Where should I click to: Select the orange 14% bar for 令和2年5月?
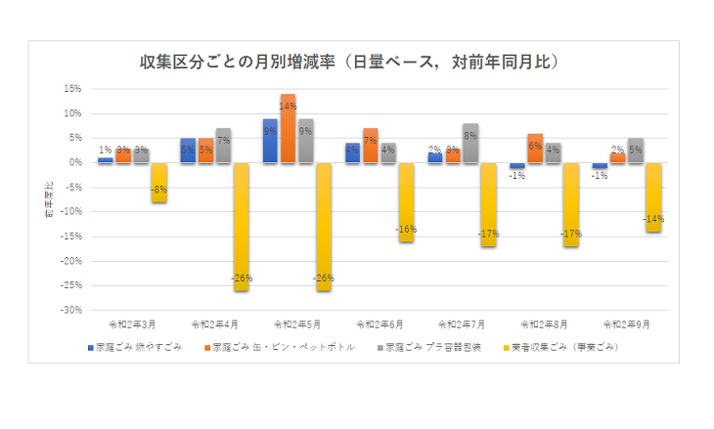pyautogui.click(x=288, y=128)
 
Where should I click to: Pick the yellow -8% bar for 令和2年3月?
pyautogui.click(x=158, y=182)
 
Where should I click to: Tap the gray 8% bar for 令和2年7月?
pyautogui.click(x=470, y=143)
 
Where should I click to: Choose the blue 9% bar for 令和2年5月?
pyautogui.click(x=270, y=141)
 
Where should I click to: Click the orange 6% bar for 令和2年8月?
pyautogui.click(x=535, y=148)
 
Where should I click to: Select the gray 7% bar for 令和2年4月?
pyautogui.click(x=224, y=145)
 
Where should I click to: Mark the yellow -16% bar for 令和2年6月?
pyautogui.click(x=406, y=201)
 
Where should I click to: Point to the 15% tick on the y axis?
pyautogui.click(x=72, y=88)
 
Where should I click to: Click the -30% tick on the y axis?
pyautogui.click(x=70, y=310)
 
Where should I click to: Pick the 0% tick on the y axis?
pyautogui.click(x=75, y=162)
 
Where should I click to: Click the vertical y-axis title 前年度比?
pyautogui.click(x=49, y=198)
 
